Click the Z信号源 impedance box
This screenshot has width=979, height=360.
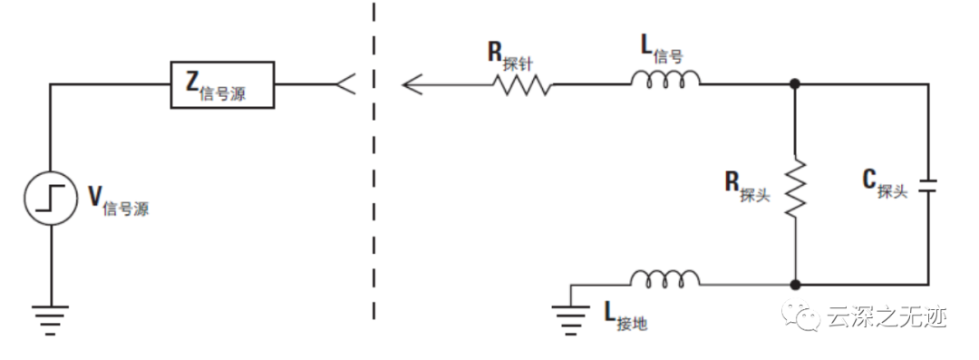pyautogui.click(x=223, y=84)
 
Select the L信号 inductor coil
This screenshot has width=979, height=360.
pyautogui.click(x=665, y=83)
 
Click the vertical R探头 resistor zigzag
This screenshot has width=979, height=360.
pyautogui.click(x=795, y=187)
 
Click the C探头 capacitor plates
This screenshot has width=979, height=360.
pyautogui.click(x=928, y=185)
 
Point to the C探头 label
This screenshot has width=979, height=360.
pyautogui.click(x=884, y=184)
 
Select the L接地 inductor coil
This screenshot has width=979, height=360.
pyautogui.click(x=665, y=277)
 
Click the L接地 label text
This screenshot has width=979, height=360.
pyautogui.click(x=625, y=316)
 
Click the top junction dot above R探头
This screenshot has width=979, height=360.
pyautogui.click(x=795, y=84)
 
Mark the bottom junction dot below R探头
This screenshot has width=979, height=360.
pyautogui.click(x=795, y=283)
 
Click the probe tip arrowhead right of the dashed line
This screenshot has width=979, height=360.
pyautogui.click(x=413, y=84)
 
